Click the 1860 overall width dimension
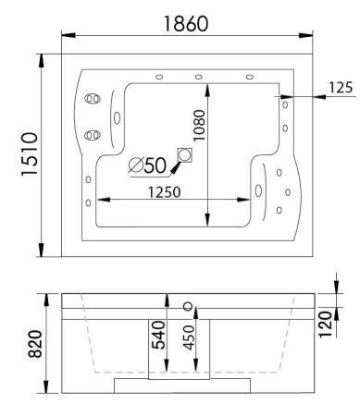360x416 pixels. coord(186,20)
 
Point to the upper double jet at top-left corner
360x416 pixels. coord(92,98)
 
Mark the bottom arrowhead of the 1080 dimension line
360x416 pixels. coord(209,221)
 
